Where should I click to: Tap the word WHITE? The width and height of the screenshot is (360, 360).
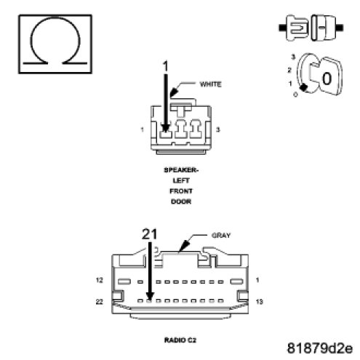[210, 84]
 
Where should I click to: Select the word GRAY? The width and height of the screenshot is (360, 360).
[221, 235]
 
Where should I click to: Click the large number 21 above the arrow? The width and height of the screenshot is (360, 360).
[149, 234]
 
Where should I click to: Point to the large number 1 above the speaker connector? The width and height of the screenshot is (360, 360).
[166, 66]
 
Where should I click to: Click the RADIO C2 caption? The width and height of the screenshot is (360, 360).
[180, 340]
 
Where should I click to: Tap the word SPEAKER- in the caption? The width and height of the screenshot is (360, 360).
[181, 170]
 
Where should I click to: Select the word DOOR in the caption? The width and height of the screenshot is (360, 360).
[181, 201]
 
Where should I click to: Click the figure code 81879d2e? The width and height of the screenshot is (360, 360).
[320, 348]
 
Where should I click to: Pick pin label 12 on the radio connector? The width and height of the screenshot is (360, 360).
[100, 280]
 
